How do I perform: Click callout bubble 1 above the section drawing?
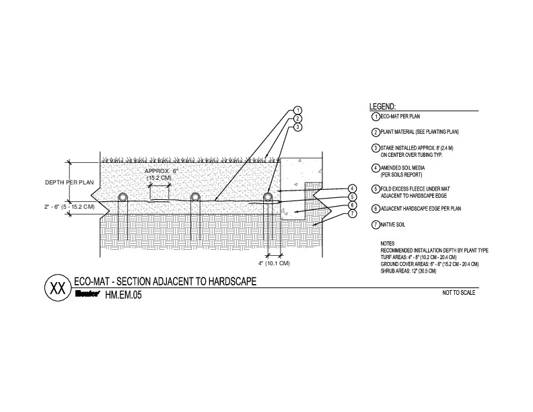[x=297, y=110]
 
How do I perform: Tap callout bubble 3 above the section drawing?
[x=297, y=126]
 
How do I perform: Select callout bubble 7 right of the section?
[x=352, y=214]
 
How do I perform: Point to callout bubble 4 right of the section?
[x=352, y=188]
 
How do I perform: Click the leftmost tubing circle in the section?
[x=124, y=197]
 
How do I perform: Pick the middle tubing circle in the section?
[x=195, y=197]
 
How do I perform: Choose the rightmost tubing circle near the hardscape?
[x=268, y=197]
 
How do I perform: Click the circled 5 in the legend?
[x=375, y=190]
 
